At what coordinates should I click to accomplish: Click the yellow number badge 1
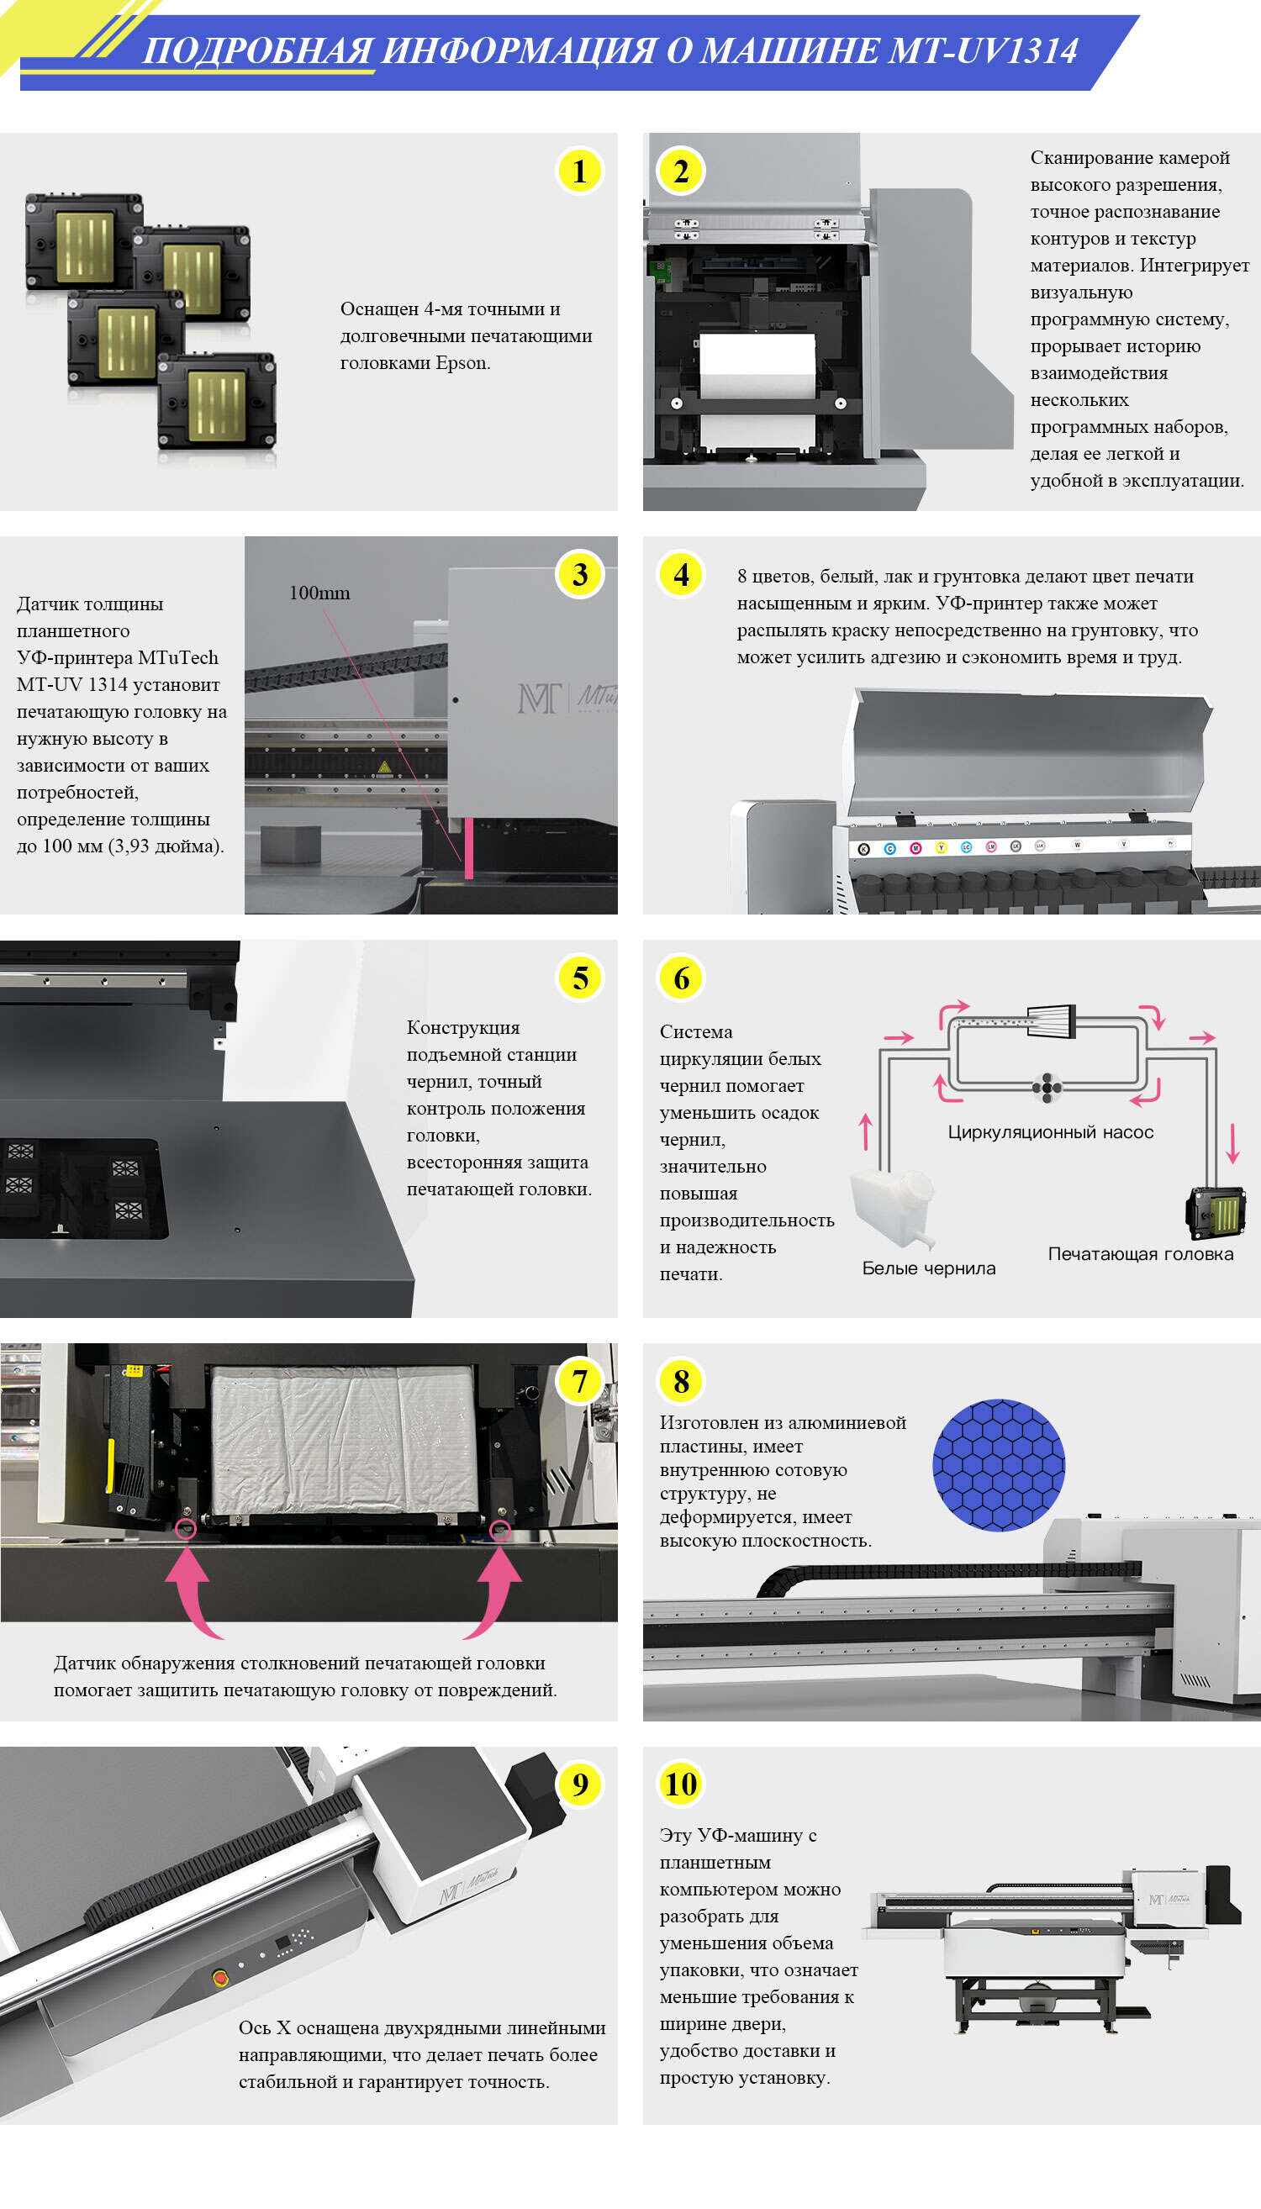point(579,171)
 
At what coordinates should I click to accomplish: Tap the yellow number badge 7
point(579,1381)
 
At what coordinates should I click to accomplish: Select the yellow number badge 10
point(681,1784)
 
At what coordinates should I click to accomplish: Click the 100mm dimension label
point(319,593)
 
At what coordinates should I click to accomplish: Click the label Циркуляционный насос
point(1050,1131)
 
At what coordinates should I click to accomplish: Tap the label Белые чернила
point(928,1268)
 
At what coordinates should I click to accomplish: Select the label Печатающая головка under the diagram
point(1140,1254)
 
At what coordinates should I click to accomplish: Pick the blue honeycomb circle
point(999,1465)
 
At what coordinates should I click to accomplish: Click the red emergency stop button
point(220,1977)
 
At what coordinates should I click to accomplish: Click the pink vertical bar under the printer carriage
point(468,849)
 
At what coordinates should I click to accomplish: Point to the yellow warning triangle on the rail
point(383,767)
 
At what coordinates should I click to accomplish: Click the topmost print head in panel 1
point(84,239)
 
